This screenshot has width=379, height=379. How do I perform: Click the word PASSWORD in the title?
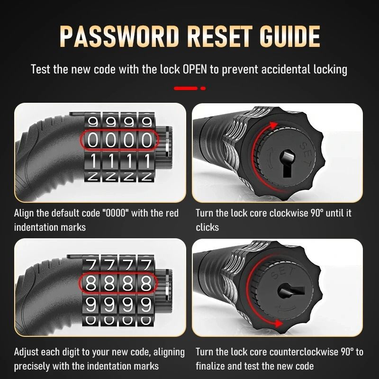pos(119,36)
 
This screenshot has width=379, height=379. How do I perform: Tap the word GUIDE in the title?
pos(290,36)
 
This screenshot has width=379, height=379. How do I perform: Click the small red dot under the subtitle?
pos(203,89)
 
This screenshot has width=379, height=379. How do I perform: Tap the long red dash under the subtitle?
pos(186,89)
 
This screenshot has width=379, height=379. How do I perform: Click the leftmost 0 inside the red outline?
pos(93,140)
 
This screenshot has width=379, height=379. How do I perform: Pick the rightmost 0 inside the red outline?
pos(147,140)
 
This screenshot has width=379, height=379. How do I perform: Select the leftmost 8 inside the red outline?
pos(91,283)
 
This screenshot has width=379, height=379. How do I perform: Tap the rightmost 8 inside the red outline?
pos(146,283)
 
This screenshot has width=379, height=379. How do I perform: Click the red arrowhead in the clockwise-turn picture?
pos(274,126)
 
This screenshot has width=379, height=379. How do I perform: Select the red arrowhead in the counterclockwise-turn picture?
pos(279,324)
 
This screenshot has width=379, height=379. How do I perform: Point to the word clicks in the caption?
pos(207,227)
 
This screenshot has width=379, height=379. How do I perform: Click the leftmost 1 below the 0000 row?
pos(93,161)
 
